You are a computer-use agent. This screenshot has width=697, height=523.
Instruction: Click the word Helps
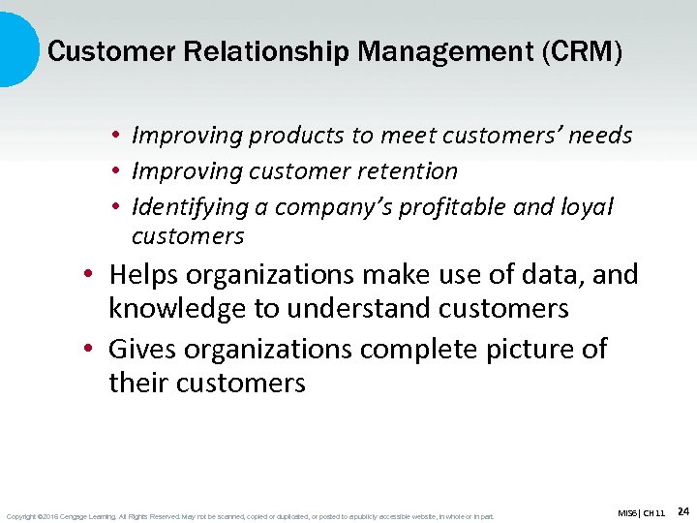pyautogui.click(x=144, y=275)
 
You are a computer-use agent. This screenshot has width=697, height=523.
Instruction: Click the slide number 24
pyautogui.click(x=682, y=510)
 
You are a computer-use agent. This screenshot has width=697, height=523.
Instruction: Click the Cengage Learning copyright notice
pyautogui.click(x=250, y=516)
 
